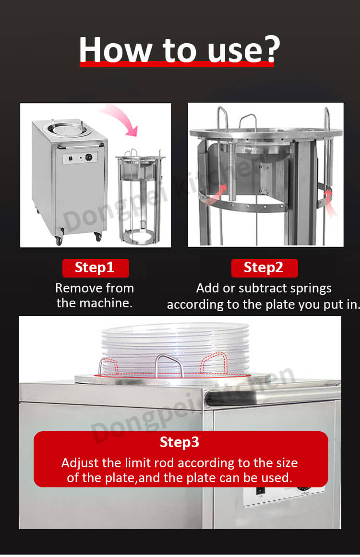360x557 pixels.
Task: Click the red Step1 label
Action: point(96,268)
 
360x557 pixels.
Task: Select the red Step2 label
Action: point(264,268)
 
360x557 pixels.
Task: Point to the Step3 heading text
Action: point(180,442)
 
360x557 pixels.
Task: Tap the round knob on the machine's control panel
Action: point(88,157)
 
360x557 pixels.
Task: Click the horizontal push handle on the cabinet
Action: point(82,145)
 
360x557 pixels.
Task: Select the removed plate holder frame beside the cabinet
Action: point(140,198)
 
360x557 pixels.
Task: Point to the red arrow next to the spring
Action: point(219,194)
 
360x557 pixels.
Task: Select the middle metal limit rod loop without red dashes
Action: point(168,365)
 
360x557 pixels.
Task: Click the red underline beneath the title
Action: point(177,64)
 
